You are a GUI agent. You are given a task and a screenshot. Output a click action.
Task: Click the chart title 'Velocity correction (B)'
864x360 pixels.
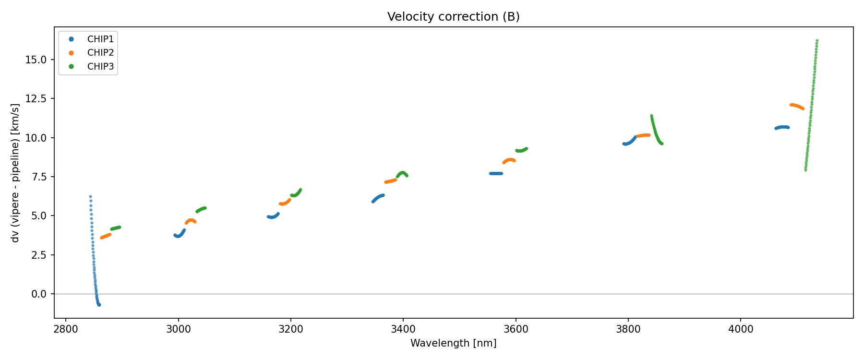tap(453, 17)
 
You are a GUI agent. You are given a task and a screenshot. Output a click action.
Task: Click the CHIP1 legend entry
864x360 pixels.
tap(100, 39)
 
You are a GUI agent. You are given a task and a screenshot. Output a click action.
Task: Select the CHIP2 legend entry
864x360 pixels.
tap(100, 53)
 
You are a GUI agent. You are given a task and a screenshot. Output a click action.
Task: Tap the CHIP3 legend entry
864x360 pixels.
tap(100, 67)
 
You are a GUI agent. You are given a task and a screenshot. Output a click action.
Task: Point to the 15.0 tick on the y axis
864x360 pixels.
tap(37, 60)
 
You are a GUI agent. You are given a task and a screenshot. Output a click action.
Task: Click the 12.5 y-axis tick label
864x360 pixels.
tap(37, 98)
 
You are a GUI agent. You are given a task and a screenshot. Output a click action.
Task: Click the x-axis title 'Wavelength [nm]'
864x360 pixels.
tap(453, 343)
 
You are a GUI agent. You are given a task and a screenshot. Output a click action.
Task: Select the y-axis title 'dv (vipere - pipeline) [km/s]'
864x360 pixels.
tap(15, 173)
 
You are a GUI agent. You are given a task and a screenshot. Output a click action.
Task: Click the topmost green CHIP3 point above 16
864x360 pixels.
tap(817, 41)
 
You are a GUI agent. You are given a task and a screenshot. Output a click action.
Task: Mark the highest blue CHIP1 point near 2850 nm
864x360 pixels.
tap(90, 196)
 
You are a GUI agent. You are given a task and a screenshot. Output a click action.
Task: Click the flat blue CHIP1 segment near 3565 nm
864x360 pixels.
tap(496, 173)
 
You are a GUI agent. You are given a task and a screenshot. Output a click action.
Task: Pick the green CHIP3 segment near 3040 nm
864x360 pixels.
tap(201, 209)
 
